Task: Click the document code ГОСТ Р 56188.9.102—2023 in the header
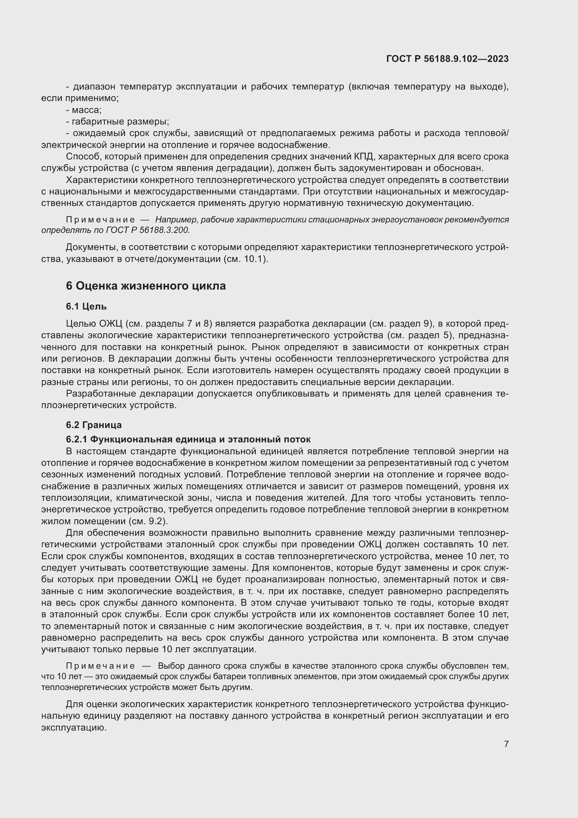click(447, 59)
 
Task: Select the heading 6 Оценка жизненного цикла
click(146, 286)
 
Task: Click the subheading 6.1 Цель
click(86, 306)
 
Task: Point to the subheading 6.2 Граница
click(94, 425)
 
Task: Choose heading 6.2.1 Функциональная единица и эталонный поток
click(188, 439)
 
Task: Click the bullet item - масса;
click(84, 110)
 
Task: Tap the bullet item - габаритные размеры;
click(117, 122)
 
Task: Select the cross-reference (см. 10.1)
click(246, 259)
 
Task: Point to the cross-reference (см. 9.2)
click(146, 521)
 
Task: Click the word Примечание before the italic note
click(100, 220)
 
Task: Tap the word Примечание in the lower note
click(100, 666)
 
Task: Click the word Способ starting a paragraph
click(82, 157)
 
